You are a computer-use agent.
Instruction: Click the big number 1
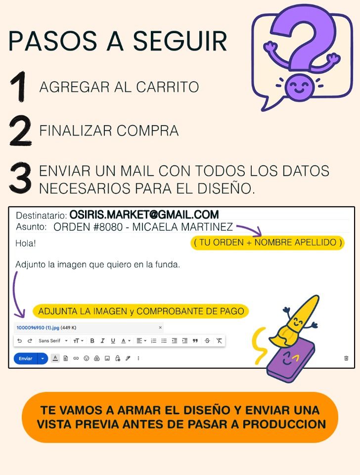coord(19,87)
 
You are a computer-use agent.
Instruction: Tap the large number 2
coord(20,131)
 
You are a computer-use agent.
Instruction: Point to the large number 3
coord(20,178)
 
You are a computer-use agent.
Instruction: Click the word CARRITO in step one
coord(168,87)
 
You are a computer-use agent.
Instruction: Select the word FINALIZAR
coord(76,131)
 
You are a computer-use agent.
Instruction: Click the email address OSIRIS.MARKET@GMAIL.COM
coord(144,214)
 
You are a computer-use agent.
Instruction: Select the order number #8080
coord(108,227)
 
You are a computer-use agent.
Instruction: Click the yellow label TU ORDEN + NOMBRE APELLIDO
coord(268,242)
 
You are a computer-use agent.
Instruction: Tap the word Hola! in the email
coord(26,243)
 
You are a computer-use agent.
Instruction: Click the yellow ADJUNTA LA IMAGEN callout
coord(141,311)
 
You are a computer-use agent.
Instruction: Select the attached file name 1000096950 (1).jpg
coord(38,328)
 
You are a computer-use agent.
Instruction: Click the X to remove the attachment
coord(160,328)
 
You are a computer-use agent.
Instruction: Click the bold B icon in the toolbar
coord(92,341)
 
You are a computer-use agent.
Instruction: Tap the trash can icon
coord(346,358)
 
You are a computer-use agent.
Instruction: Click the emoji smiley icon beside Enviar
coord(86,358)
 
